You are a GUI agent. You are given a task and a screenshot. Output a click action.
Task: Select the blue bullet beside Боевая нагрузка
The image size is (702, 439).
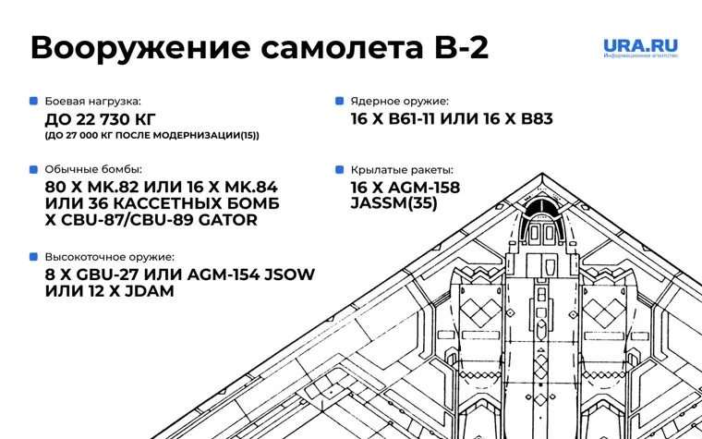[34, 100]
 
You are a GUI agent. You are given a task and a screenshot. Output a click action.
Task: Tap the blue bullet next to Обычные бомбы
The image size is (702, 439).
[34, 170]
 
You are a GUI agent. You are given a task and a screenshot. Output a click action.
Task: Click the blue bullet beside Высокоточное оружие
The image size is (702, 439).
[34, 257]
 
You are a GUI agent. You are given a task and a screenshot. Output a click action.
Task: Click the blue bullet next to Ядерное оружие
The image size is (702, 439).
[340, 100]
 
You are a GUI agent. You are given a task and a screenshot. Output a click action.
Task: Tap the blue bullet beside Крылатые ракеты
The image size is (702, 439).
[340, 170]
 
